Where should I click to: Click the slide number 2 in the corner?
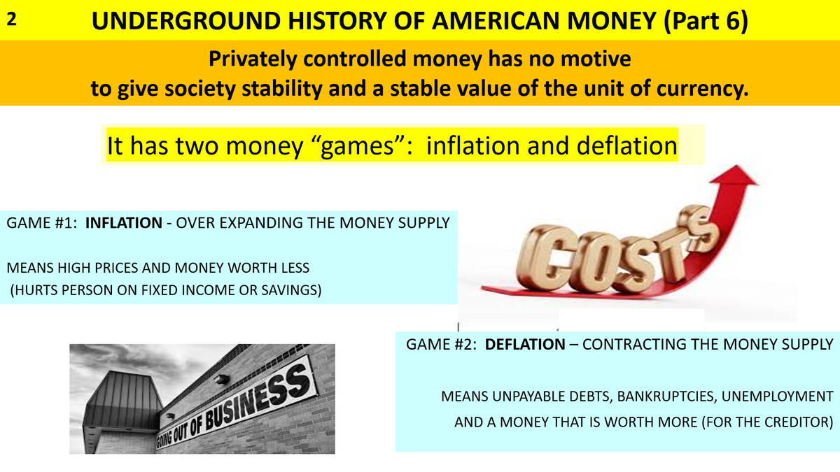click(x=11, y=21)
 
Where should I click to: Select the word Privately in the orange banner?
click(x=255, y=59)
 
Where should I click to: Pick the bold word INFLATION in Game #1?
click(x=124, y=224)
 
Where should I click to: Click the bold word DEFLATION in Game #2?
click(x=525, y=345)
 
